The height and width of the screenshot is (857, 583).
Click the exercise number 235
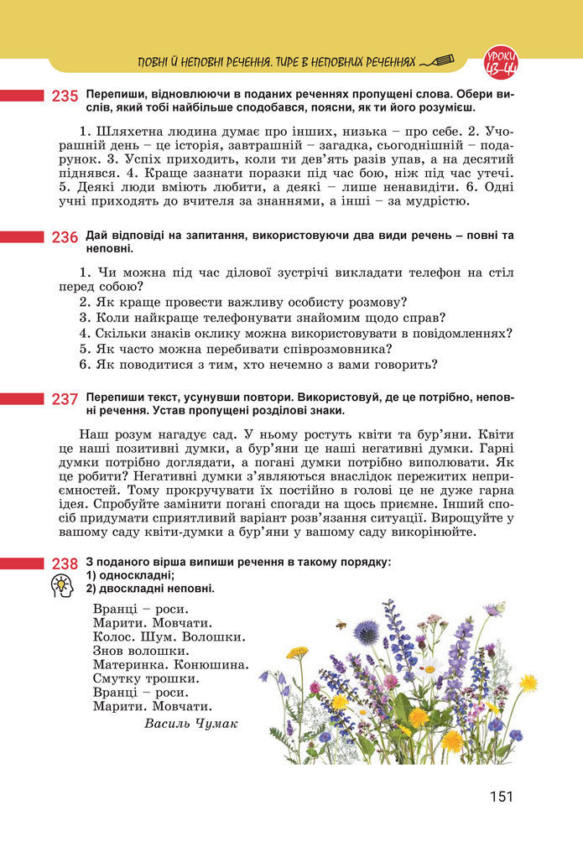pos(65,96)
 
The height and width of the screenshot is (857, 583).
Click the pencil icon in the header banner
pos(438,61)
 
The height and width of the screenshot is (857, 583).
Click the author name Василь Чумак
pos(190,723)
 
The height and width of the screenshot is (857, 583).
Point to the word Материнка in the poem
pos(128,664)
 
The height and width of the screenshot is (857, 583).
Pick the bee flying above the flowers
pos(341,625)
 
